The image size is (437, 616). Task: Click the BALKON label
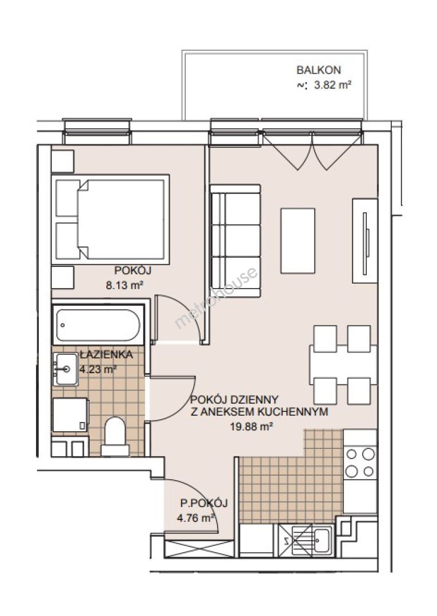(319, 70)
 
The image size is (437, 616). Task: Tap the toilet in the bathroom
(115, 436)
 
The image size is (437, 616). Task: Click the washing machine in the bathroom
(70, 415)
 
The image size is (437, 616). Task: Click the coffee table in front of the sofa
(298, 241)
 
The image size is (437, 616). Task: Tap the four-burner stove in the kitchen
(359, 463)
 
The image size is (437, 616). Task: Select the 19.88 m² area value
(251, 426)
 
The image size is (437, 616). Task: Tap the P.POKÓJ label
(204, 503)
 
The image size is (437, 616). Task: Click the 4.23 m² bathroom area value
(98, 369)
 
